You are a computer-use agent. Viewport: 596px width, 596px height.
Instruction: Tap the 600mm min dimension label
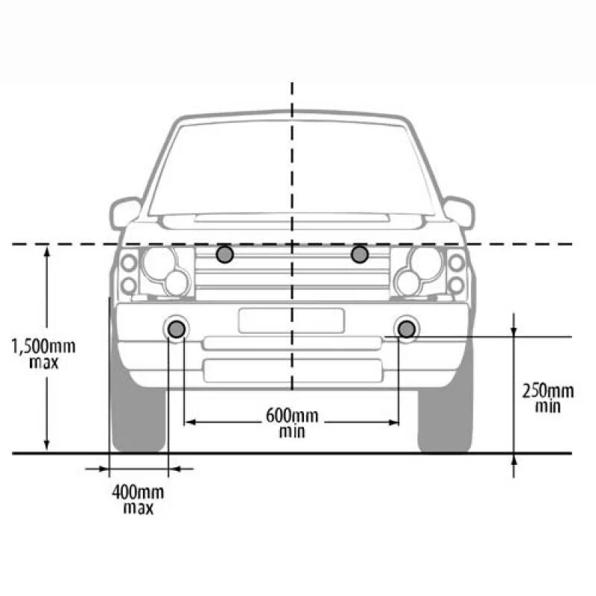click(x=291, y=422)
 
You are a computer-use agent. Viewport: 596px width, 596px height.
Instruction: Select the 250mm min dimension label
click(x=548, y=397)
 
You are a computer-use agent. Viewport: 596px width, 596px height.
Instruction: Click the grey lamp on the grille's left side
click(x=225, y=255)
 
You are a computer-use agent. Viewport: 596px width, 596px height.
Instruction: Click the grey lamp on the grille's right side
click(x=360, y=255)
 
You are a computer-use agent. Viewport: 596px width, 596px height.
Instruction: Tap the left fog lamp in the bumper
click(x=177, y=328)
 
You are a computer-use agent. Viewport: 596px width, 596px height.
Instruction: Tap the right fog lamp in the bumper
click(x=407, y=328)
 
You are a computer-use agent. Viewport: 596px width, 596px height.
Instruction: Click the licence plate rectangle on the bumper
click(x=291, y=320)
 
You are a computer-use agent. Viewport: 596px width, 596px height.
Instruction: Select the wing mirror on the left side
click(x=125, y=212)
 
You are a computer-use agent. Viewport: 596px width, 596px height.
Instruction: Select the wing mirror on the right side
click(x=459, y=212)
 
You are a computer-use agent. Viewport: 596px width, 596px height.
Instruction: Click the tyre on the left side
click(x=138, y=417)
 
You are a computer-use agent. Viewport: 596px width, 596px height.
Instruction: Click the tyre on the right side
click(x=445, y=417)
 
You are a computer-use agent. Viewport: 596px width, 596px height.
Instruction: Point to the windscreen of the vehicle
click(x=291, y=168)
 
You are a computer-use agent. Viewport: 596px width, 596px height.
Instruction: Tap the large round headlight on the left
click(x=159, y=262)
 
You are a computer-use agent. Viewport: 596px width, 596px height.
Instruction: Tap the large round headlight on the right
click(x=425, y=262)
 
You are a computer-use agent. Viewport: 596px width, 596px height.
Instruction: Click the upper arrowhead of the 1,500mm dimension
click(x=47, y=251)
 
